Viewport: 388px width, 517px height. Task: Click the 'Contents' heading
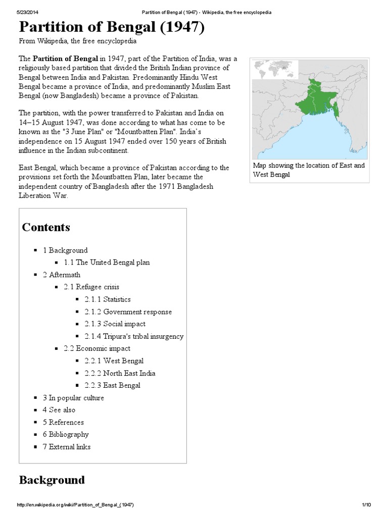(46, 227)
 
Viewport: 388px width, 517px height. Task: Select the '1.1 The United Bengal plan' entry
(107, 263)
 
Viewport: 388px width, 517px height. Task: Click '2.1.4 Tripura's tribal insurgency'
(134, 336)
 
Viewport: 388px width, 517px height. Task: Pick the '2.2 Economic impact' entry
(96, 348)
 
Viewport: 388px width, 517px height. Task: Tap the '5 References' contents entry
(63, 422)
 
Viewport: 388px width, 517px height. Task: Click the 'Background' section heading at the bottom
(52, 480)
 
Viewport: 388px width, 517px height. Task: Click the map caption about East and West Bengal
(309, 170)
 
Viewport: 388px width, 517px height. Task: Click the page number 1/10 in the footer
(366, 505)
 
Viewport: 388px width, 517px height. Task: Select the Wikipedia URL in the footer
(75, 505)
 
